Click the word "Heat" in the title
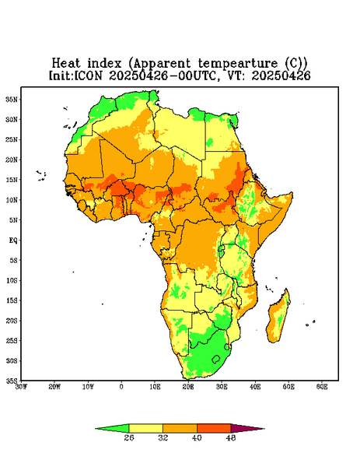coord(66,64)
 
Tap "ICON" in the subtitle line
coord(87,75)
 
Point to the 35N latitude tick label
coord(12,99)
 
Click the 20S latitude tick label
coord(12,321)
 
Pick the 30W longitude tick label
coord(21,387)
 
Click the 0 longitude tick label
coord(121,387)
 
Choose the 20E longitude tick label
coord(188,387)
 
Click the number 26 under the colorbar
coord(129,437)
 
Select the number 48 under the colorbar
coord(231,437)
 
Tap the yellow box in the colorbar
coord(145,428)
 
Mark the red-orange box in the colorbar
coord(214,428)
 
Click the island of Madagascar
coord(279,318)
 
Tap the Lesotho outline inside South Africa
coord(216,359)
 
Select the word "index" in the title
coord(104,64)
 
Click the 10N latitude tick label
coord(12,200)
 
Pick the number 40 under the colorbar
coord(197,437)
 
